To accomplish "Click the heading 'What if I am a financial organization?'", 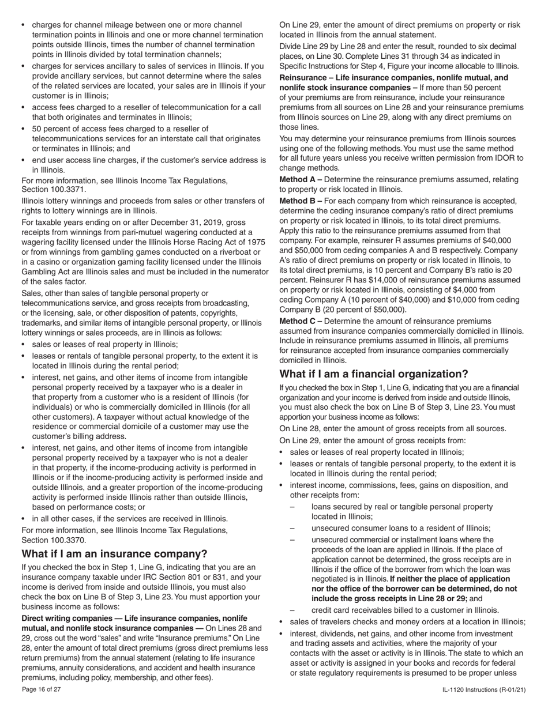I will point(374,374).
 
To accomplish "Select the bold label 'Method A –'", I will point(301,180).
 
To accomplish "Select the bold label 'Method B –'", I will point(301,201).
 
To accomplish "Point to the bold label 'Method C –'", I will point(301,321).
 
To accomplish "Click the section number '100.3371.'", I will point(54,190).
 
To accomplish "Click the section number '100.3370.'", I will point(54,540).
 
